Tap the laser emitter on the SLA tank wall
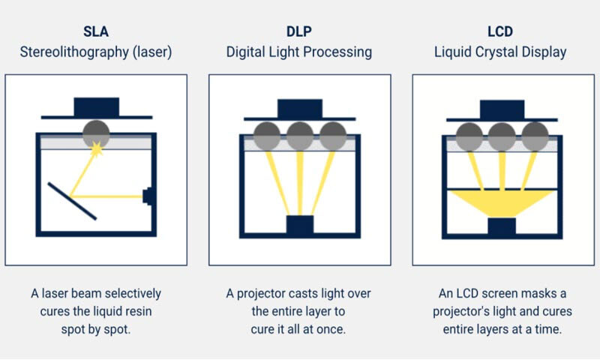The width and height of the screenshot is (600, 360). point(148,196)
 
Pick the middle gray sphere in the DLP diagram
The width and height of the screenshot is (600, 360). point(299,136)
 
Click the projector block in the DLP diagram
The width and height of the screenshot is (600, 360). point(299,225)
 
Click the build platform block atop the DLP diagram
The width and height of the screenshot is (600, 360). point(299,107)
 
